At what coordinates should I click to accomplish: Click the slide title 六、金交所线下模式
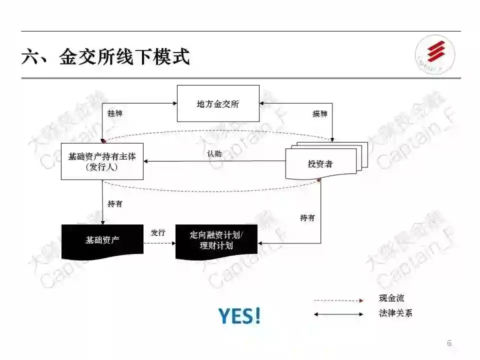(105, 56)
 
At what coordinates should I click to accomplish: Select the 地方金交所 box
(218, 103)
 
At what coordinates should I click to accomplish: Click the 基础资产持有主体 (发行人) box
(102, 161)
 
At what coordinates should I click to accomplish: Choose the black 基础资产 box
(102, 240)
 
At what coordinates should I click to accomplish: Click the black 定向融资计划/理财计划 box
(216, 240)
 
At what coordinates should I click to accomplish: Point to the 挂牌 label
(115, 113)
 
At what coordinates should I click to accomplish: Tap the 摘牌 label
(320, 113)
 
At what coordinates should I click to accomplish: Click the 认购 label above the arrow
(214, 154)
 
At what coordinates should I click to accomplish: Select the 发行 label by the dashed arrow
(158, 233)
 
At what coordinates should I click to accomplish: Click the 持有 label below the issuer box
(115, 204)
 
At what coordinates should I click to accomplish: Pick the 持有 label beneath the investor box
(307, 218)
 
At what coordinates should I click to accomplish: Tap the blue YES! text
(239, 315)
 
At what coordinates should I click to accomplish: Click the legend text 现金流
(391, 298)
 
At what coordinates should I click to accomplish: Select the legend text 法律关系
(395, 313)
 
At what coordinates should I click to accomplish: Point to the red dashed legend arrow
(338, 300)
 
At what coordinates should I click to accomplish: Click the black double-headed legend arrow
(338, 314)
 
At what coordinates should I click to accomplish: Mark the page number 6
(449, 343)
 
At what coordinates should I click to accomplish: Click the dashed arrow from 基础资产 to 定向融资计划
(159, 243)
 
